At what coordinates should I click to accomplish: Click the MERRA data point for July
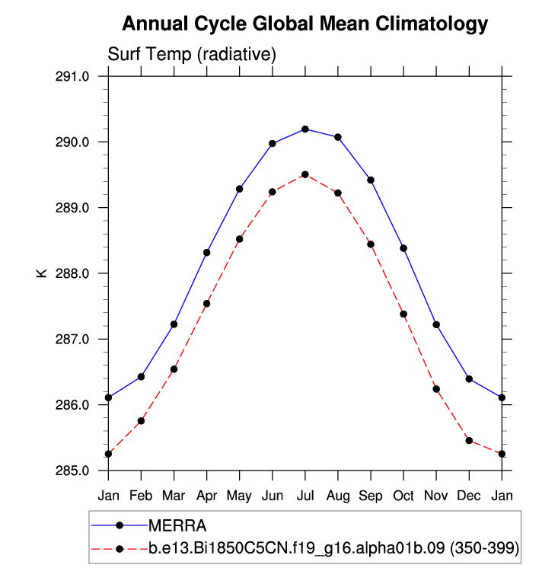(305, 129)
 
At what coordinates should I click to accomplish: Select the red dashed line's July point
(305, 174)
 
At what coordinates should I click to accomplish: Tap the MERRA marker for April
(207, 253)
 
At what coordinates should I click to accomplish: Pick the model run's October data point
(403, 314)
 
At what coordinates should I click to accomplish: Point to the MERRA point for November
(436, 325)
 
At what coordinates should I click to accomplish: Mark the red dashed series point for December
(469, 441)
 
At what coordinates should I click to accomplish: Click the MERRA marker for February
(142, 377)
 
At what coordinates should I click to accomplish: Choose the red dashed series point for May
(240, 239)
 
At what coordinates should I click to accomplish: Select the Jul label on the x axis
(305, 496)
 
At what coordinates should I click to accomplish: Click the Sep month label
(371, 496)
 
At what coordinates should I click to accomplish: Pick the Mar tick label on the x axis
(174, 496)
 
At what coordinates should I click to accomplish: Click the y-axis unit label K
(43, 273)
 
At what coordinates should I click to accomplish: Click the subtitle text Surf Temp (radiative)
(191, 55)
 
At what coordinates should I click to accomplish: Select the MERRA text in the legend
(177, 525)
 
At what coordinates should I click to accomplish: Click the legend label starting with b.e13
(333, 548)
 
